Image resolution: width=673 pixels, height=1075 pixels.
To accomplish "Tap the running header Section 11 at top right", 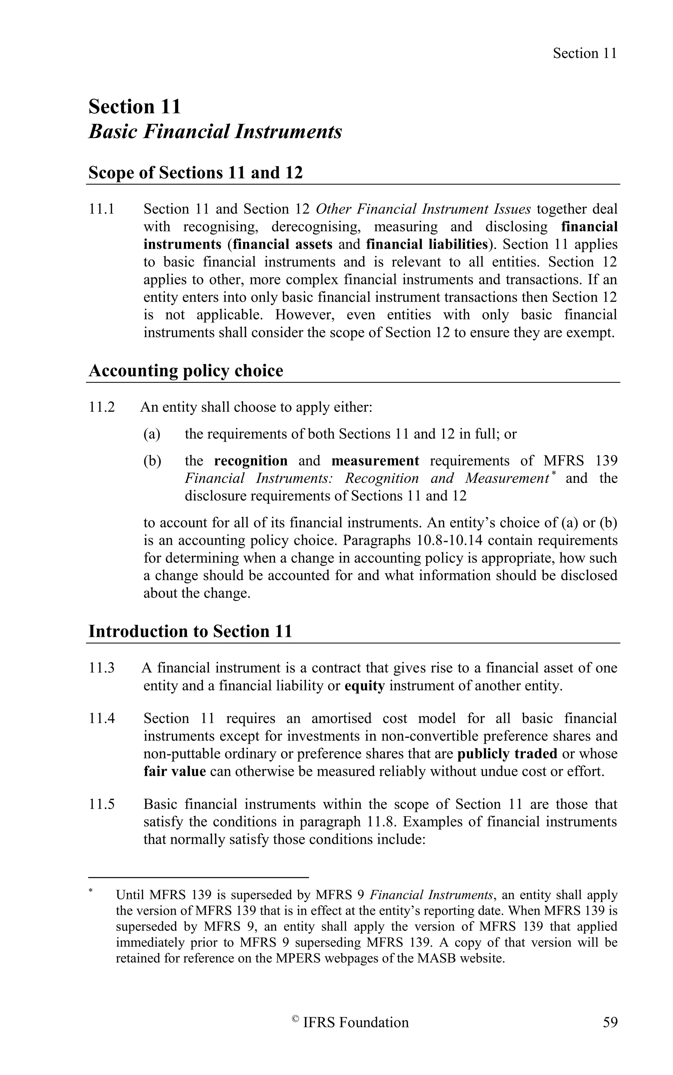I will coord(584,54).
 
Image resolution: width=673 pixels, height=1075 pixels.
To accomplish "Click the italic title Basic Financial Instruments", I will coord(215,132).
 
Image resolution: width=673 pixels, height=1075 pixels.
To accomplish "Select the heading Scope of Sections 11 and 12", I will coord(196,173).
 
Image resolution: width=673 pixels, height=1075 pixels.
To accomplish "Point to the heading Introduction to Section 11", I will coord(190,631).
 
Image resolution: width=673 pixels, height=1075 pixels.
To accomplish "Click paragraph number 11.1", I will coord(102,209).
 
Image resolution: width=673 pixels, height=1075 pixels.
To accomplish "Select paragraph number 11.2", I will coord(102,407).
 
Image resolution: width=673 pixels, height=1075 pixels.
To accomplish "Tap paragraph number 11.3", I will coord(102,668).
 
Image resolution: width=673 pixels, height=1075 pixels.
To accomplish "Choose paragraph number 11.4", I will coord(102,718).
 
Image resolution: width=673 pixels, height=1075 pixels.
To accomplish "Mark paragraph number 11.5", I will coord(102,804).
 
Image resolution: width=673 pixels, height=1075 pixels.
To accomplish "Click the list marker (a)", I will coord(152,434).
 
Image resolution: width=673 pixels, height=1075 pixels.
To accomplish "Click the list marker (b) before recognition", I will coord(152,461).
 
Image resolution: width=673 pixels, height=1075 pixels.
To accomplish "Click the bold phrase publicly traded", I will coord(507,754).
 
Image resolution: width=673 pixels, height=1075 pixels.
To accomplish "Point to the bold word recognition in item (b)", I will coord(251,461).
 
